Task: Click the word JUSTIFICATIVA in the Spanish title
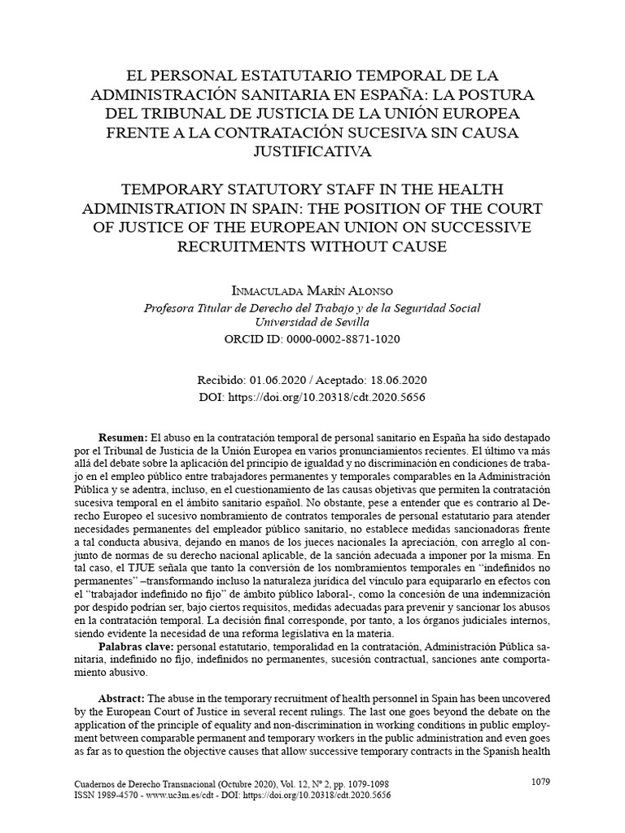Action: pos(312,150)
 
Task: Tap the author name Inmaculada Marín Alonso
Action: pos(312,291)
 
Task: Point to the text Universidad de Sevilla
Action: pos(312,321)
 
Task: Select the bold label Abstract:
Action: pos(122,699)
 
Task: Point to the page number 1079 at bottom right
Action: pos(540,782)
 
